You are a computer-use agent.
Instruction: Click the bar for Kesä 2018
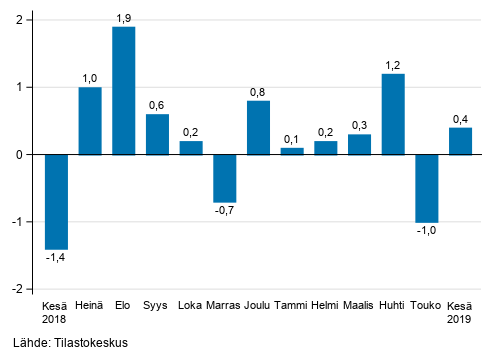coord(56,201)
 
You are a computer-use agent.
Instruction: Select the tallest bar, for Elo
coord(124,91)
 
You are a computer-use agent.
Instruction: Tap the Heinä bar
coord(90,121)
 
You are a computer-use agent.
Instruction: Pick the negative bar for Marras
coord(226,178)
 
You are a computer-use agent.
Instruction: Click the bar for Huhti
coord(393,114)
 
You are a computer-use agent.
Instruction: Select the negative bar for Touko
coord(427,188)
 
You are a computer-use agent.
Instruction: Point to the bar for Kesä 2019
coord(460,141)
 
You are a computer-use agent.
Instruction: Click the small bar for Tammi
coord(292,151)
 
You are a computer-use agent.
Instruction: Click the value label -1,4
coord(56,258)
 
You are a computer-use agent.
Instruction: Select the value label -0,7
coord(226,211)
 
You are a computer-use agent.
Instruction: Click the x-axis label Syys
coord(157,305)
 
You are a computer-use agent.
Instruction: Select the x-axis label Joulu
coord(259,305)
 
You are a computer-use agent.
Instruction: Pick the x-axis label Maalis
coord(359,305)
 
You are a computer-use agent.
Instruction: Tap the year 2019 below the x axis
coord(460,320)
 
